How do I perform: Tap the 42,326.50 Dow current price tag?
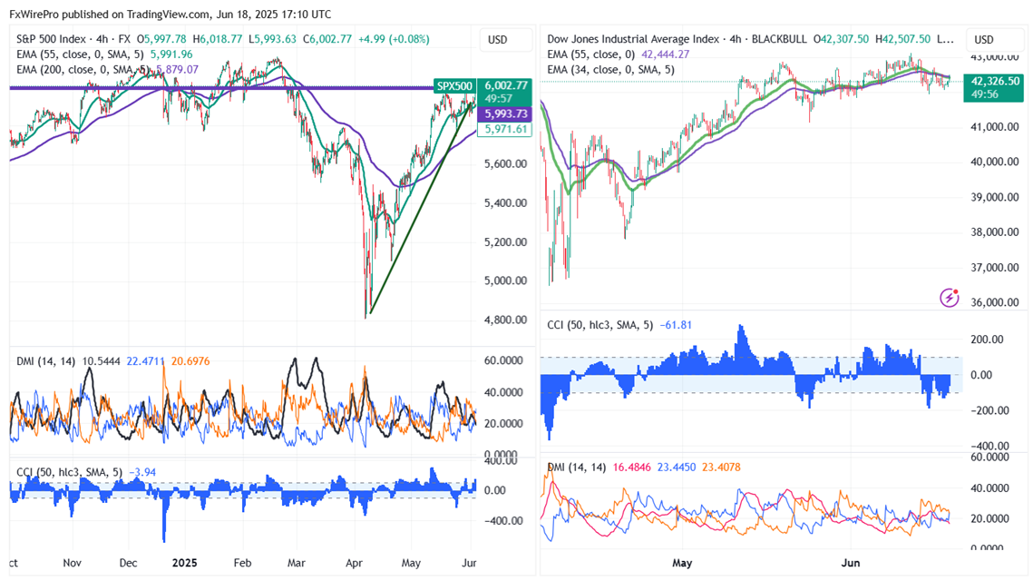(x=994, y=81)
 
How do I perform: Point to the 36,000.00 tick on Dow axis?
(x=995, y=302)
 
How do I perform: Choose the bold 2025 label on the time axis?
(x=185, y=563)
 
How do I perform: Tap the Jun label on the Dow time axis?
(x=850, y=563)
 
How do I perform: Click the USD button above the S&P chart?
(x=497, y=40)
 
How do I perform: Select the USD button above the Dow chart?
(x=984, y=40)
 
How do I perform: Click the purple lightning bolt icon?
(x=950, y=297)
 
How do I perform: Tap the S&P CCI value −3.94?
(x=143, y=471)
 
